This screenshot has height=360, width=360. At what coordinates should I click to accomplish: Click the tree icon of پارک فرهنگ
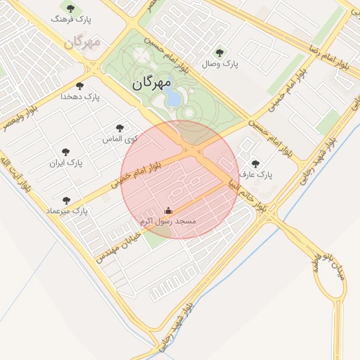(69, 10)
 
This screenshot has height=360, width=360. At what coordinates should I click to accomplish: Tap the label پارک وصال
(220, 64)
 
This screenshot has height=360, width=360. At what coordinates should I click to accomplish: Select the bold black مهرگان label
(150, 83)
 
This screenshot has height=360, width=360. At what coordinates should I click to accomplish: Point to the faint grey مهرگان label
(82, 42)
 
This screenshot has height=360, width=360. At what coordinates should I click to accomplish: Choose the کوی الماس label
(120, 139)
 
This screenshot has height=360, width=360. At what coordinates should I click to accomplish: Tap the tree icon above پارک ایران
(66, 152)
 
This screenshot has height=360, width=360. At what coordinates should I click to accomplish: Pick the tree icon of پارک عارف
(255, 163)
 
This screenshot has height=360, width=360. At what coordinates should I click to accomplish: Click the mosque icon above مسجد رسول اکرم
(168, 210)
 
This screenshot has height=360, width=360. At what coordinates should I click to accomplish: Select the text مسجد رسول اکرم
(168, 221)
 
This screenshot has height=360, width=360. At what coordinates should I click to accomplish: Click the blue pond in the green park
(172, 100)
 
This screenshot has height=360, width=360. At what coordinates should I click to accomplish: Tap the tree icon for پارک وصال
(219, 52)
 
